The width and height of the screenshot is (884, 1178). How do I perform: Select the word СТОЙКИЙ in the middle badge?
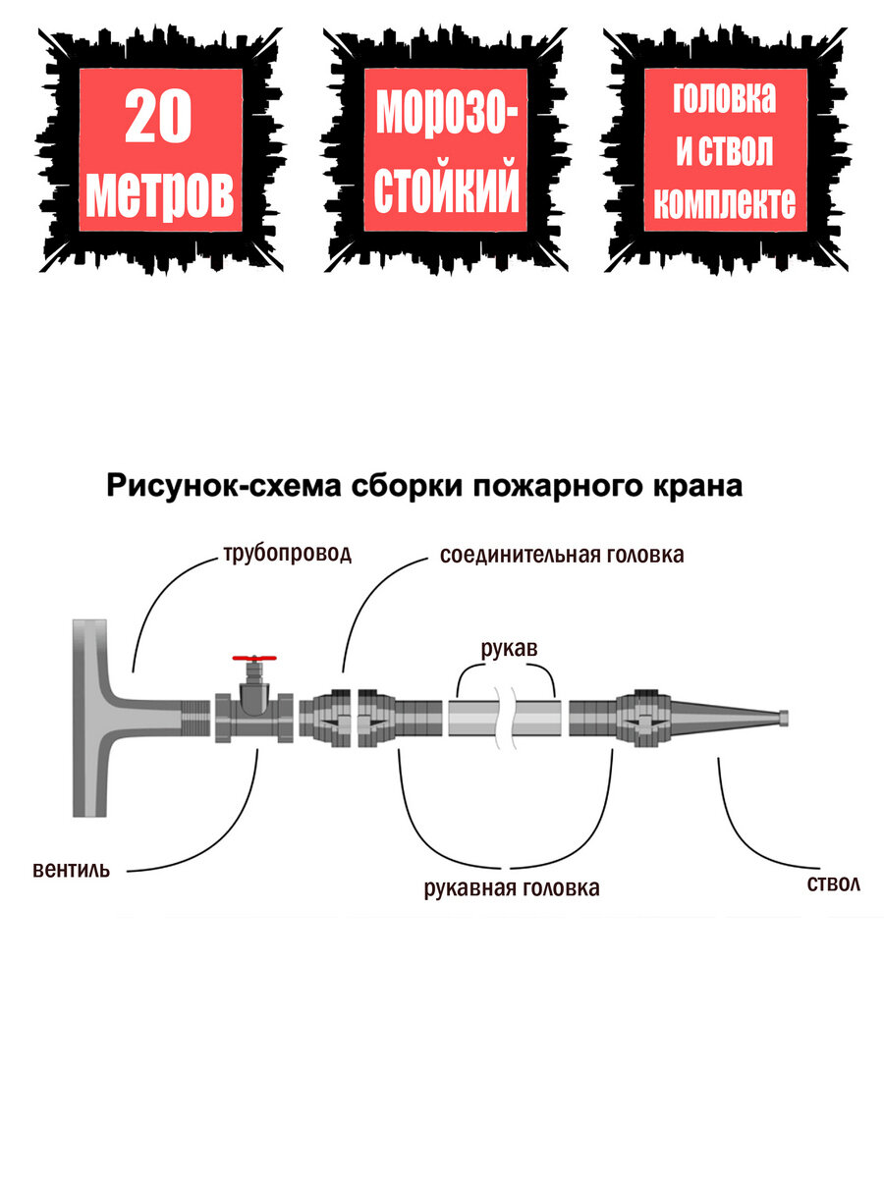coord(447,190)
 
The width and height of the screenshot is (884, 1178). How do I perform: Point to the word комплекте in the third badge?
coord(725,203)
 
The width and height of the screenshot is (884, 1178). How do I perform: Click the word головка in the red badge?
coord(725,98)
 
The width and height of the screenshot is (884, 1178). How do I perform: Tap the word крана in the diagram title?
coord(690,485)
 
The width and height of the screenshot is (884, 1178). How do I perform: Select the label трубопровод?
coord(286,554)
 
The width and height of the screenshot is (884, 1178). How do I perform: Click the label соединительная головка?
coord(562,555)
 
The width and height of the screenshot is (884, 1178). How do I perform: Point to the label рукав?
coord(509,649)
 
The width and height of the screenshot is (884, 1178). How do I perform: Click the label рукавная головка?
coord(511,889)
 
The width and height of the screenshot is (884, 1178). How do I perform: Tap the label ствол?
coord(833,883)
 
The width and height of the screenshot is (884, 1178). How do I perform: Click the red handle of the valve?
coord(254,659)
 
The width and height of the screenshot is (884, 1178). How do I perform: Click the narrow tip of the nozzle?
coord(784,719)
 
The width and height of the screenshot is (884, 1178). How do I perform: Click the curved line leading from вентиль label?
coord(226,834)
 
